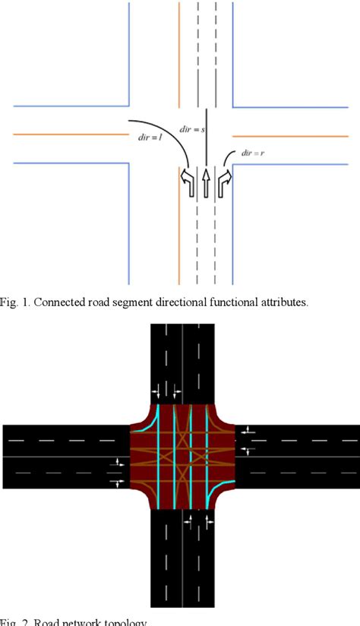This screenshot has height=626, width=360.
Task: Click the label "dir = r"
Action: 252,152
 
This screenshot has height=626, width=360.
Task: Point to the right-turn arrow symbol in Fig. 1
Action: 224,180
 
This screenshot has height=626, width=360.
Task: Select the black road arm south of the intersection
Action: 182,562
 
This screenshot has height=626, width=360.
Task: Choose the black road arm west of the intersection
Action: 65,456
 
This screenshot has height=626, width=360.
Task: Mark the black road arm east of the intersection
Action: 296,456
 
